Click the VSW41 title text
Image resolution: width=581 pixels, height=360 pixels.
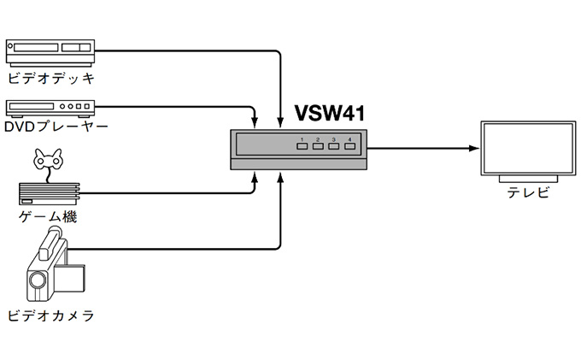331,113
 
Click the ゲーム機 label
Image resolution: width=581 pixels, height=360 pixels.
48,217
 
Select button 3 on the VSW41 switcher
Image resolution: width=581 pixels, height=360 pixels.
333,147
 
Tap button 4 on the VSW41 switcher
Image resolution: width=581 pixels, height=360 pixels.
349,147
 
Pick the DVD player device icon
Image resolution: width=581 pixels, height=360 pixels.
49,108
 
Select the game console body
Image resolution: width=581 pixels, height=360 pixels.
50,194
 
